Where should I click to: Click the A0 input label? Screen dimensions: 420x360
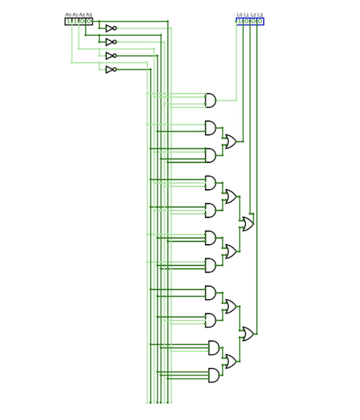point(68,15)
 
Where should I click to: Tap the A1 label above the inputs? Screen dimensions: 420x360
point(75,15)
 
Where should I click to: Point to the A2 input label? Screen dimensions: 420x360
point(82,15)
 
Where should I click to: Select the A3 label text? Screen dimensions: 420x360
point(89,15)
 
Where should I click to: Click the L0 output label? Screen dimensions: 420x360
point(240,15)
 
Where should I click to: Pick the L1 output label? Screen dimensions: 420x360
point(246,15)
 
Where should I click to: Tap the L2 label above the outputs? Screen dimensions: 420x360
point(253,15)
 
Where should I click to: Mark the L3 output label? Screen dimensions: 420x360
point(260,15)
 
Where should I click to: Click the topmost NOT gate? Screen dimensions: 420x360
point(111,28)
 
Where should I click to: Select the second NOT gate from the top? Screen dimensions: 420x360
point(111,42)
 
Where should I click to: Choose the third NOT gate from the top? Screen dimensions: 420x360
point(111,56)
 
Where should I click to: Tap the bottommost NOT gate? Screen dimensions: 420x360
point(111,69)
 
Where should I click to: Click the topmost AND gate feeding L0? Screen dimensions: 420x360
point(211,100)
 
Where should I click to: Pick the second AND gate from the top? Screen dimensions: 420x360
point(211,128)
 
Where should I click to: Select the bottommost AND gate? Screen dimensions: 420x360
point(214,375)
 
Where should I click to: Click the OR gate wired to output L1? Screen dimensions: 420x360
point(230,141)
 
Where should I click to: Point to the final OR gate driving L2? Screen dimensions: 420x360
point(246,224)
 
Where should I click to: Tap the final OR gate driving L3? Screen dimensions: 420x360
point(246,334)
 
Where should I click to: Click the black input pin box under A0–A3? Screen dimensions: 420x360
point(79,21)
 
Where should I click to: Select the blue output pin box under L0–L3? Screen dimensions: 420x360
point(250,21)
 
